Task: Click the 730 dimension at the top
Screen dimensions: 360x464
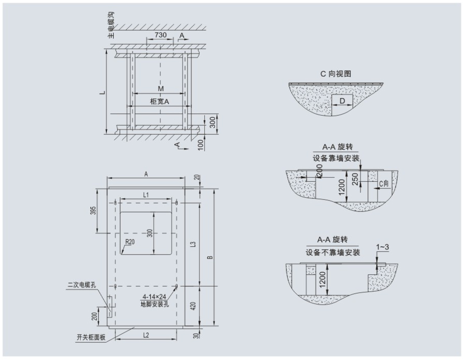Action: coord(161,35)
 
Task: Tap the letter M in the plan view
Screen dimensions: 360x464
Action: coord(160,89)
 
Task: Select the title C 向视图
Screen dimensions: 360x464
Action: coord(336,74)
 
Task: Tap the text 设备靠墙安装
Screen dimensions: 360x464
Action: coord(336,158)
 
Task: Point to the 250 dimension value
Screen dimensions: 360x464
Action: coord(354,179)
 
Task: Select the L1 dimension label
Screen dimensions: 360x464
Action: coord(146,194)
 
